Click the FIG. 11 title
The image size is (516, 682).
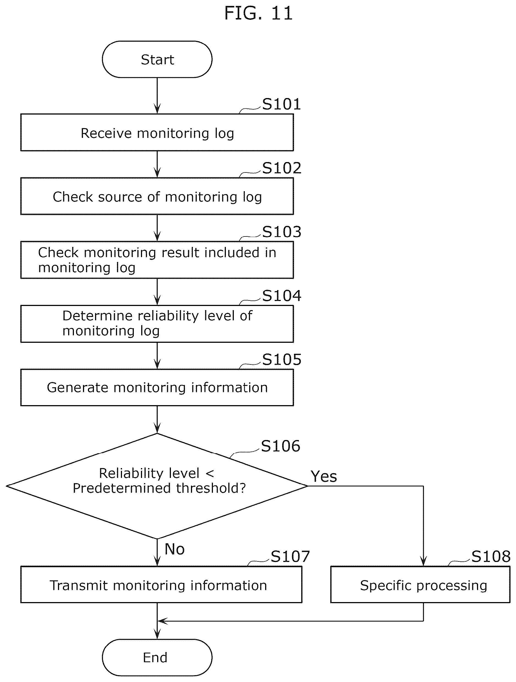click(258, 13)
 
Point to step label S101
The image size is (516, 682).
click(281, 104)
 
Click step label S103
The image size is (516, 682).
click(282, 232)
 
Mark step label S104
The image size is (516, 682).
click(282, 296)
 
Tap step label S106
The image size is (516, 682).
click(280, 446)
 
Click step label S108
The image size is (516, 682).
click(491, 557)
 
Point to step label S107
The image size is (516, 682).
click(290, 557)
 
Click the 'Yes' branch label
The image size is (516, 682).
click(324, 476)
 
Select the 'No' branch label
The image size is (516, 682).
click(174, 549)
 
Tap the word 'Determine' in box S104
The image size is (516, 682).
click(98, 316)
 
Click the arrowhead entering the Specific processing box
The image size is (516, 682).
click(423, 562)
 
